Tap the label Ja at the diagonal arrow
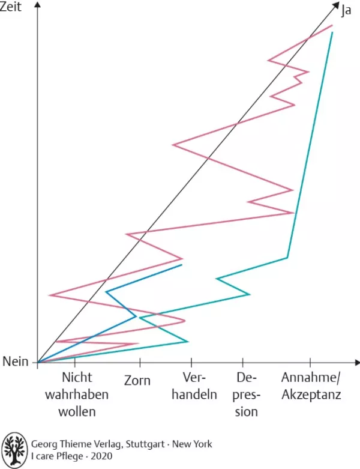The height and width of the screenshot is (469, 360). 346,10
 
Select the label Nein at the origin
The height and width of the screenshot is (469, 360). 16,362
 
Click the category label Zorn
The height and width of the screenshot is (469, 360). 137,381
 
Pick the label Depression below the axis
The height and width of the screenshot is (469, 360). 246,395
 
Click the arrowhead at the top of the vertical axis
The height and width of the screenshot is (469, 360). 37,5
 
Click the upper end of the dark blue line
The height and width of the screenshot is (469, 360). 181,264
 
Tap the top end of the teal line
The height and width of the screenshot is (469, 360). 332,32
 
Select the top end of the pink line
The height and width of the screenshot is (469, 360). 332,25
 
